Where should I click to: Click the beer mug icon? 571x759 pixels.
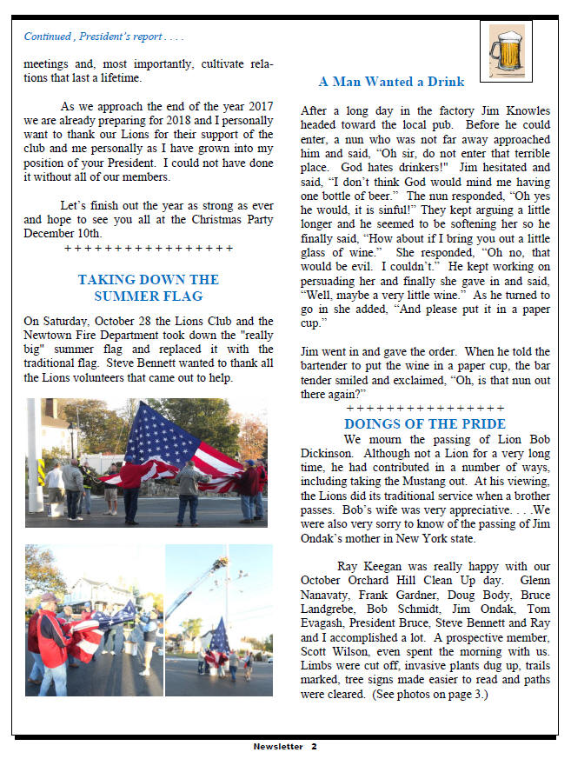pos(506,47)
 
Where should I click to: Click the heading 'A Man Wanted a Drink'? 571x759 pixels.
pos(391,82)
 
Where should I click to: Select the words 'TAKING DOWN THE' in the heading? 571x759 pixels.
pos(148,280)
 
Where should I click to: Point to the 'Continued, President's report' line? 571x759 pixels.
pos(103,37)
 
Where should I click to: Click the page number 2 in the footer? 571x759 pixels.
pos(314,746)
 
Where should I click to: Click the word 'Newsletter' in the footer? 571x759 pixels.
pos(278,746)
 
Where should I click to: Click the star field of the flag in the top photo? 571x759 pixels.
pos(160,435)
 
